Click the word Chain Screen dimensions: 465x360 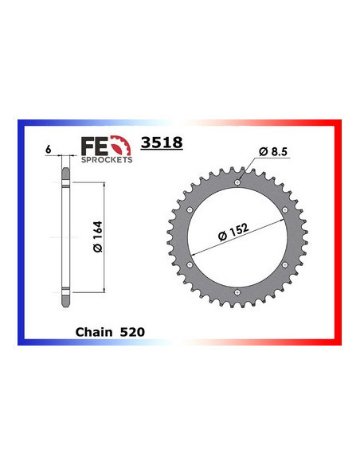tap(93, 328)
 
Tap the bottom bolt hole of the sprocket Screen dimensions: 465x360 tap(237, 295)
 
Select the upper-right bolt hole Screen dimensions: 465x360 tap(285, 210)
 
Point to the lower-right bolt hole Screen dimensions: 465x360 tap(285, 266)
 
